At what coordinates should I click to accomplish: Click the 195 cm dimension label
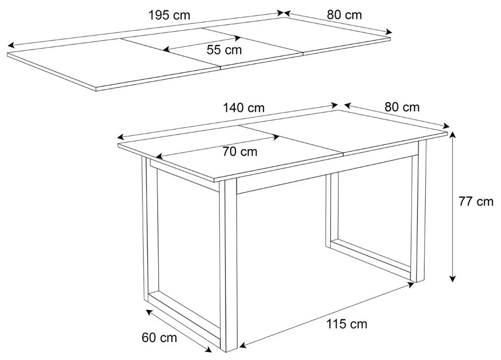click(169, 15)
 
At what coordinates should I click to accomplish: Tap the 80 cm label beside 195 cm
click(344, 15)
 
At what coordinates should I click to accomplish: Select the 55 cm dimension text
click(224, 49)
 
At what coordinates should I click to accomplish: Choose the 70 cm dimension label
click(240, 152)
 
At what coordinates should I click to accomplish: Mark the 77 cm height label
click(476, 201)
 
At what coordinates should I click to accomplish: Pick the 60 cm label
click(159, 337)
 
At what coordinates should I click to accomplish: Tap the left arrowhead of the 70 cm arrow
click(158, 157)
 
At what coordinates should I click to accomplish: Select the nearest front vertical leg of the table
click(228, 265)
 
